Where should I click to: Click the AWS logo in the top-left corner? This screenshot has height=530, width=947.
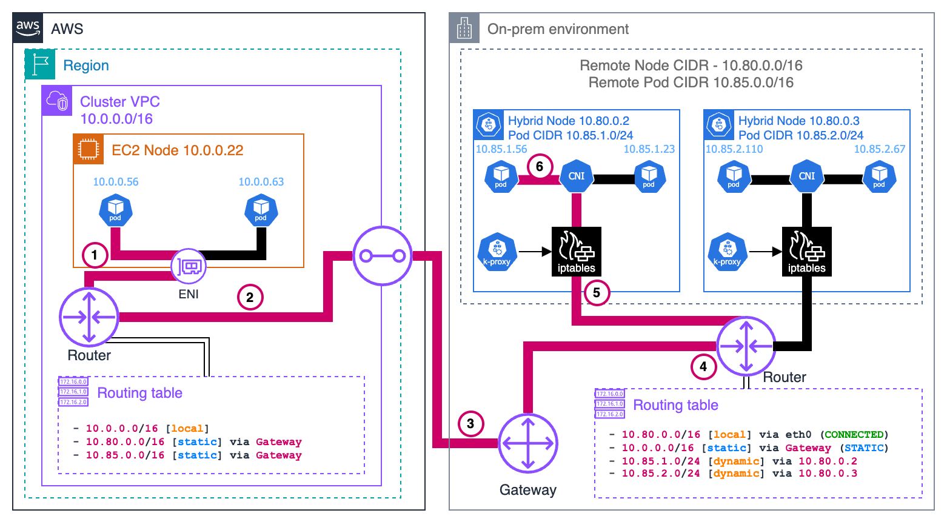(x=28, y=28)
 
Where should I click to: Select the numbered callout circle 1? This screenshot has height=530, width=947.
(x=95, y=255)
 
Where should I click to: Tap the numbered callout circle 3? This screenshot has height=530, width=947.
(x=470, y=423)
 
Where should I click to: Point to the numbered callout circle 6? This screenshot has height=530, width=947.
(x=540, y=166)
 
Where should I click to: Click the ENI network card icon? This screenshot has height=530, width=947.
(x=189, y=266)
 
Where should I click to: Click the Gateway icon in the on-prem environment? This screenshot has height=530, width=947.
(x=528, y=443)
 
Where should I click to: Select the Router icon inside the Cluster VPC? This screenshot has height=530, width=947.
(x=89, y=317)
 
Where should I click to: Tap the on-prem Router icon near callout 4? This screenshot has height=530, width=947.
(x=746, y=346)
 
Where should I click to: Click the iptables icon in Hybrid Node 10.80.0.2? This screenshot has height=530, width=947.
(x=576, y=252)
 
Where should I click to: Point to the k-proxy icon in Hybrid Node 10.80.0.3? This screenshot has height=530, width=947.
(x=728, y=252)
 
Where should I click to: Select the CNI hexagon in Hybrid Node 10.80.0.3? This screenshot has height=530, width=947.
(x=806, y=176)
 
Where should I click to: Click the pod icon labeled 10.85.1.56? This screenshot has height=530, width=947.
(x=501, y=176)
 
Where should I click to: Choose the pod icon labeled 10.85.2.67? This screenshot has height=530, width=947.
(x=879, y=176)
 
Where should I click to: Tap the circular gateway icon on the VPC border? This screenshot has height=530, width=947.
(x=383, y=256)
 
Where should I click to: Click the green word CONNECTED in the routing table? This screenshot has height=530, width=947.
(x=854, y=435)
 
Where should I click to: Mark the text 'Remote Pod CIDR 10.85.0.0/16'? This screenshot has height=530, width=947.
(x=691, y=82)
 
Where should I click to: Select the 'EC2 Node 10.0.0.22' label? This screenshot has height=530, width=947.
(x=177, y=150)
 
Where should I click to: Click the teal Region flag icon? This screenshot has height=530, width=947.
(x=40, y=65)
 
